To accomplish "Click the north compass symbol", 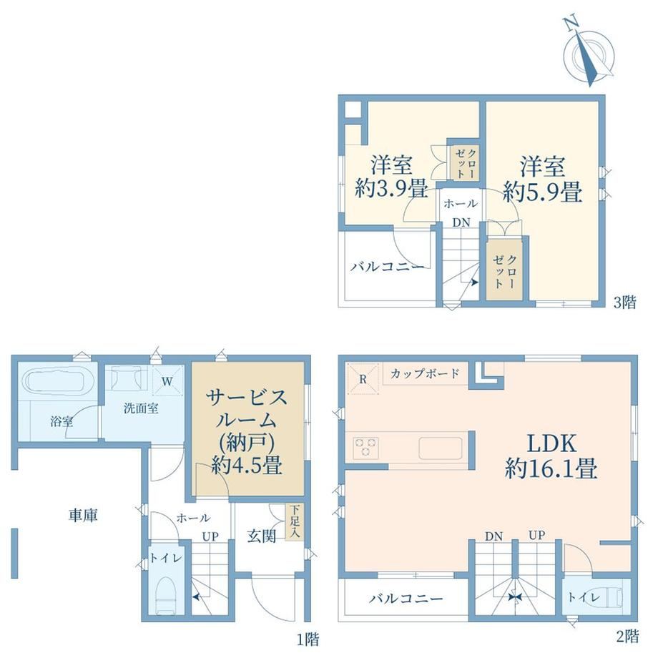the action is coord(589,54).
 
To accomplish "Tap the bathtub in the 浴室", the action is coord(58,383).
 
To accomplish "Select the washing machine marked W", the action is coord(167,380).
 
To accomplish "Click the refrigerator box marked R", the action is coord(363,379).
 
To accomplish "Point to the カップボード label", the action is coord(425,373).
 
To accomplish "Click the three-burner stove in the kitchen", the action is coord(366,447).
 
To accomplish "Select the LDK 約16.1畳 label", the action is coord(551,456).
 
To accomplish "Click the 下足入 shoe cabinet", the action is coord(295,521).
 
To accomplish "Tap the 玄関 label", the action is coord(261,536).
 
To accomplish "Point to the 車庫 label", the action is coord(83,515).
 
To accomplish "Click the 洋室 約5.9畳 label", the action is coord(543,180).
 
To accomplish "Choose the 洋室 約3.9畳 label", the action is coord(391,177).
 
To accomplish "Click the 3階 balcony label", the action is coord(388,267).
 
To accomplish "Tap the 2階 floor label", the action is coord(627,636).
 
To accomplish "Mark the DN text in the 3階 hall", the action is coord(461,222).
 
